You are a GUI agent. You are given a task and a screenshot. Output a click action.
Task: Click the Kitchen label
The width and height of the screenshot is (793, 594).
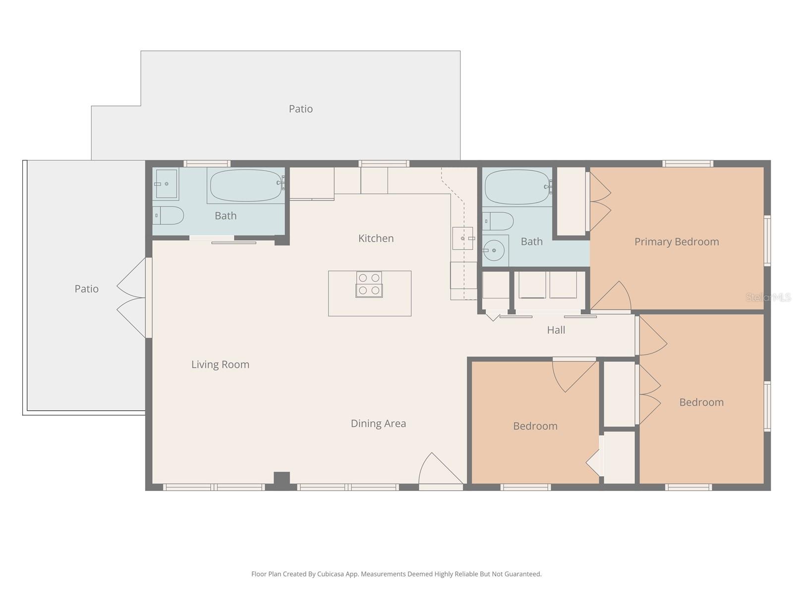click(x=376, y=238)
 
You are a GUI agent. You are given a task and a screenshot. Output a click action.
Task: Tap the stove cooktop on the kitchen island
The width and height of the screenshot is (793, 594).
click(x=369, y=285)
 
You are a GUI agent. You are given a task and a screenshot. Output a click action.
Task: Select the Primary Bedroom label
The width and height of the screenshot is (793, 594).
click(x=677, y=242)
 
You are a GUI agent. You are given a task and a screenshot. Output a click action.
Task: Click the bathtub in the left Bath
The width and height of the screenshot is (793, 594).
click(x=246, y=185)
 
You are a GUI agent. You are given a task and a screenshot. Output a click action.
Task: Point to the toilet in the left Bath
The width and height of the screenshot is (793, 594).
click(x=169, y=215)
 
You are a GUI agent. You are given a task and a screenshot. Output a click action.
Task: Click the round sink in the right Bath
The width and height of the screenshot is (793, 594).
click(x=494, y=250)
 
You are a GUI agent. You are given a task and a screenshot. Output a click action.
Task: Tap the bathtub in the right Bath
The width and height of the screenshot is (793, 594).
click(x=517, y=187)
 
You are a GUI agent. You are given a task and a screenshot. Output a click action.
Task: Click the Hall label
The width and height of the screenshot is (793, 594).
click(x=556, y=330)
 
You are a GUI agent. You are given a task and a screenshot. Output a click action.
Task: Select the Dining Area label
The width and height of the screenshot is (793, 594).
click(x=378, y=423)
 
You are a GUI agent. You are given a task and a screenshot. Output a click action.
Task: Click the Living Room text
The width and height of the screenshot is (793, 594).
click(x=220, y=364)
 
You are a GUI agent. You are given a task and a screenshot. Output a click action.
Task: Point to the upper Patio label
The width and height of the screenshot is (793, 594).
click(x=301, y=109)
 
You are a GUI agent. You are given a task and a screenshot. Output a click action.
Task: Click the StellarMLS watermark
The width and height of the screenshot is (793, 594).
click(x=768, y=297)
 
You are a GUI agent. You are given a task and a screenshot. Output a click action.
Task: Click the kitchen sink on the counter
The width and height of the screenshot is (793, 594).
click(x=462, y=238)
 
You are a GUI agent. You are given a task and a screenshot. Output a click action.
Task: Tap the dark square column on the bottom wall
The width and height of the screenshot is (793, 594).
click(x=282, y=479)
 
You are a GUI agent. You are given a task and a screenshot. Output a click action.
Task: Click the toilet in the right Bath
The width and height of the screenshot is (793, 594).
click(x=499, y=221)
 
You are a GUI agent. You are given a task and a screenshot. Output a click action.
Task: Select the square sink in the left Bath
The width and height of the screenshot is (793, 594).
click(x=166, y=184)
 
